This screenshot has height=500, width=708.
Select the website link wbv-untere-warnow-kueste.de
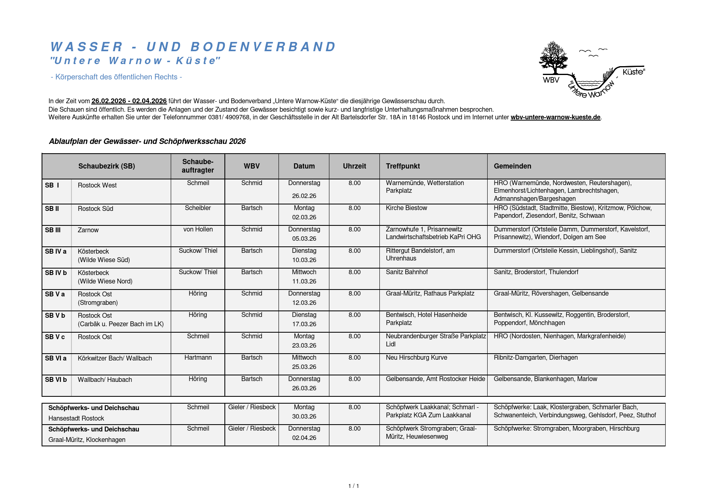[555, 117]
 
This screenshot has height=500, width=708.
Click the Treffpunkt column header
[402, 166]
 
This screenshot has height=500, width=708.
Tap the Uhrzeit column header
[354, 166]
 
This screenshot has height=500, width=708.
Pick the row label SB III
[53, 230]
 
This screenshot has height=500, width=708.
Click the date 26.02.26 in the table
[304, 196]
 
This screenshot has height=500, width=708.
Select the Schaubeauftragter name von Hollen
[198, 229]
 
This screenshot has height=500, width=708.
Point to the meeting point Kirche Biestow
[406, 208]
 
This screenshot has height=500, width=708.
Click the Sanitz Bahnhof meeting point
[406, 272]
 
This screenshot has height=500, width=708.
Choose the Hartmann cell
[198, 358]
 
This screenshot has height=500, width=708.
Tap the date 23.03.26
[304, 346]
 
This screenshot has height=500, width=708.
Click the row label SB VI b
[56, 379]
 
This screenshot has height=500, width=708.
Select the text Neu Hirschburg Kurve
[416, 358]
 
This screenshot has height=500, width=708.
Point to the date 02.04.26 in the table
[304, 438]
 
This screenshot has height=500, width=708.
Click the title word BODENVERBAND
[263, 47]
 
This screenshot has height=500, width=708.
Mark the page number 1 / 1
[354, 486]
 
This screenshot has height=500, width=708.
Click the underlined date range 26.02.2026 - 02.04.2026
[129, 101]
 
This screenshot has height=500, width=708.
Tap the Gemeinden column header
[512, 166]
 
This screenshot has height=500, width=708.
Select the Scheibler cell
[198, 208]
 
